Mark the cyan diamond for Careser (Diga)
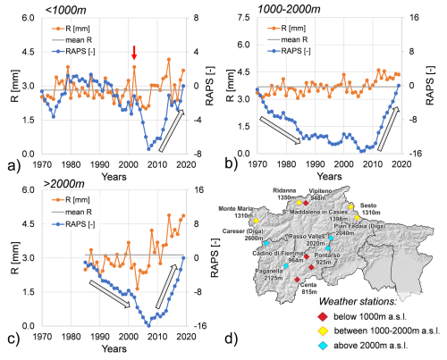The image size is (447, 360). [266, 243]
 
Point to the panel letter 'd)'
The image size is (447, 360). [230, 339]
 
